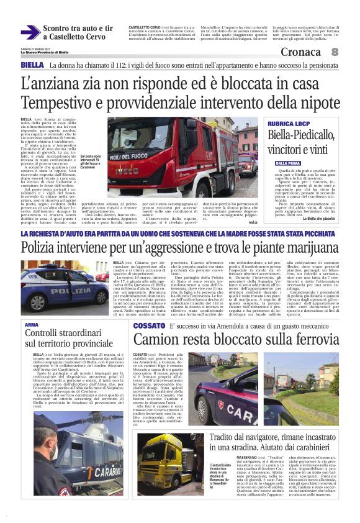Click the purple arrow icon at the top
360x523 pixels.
30,32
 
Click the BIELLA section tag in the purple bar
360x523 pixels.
32,65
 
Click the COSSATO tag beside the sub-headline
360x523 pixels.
148,325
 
